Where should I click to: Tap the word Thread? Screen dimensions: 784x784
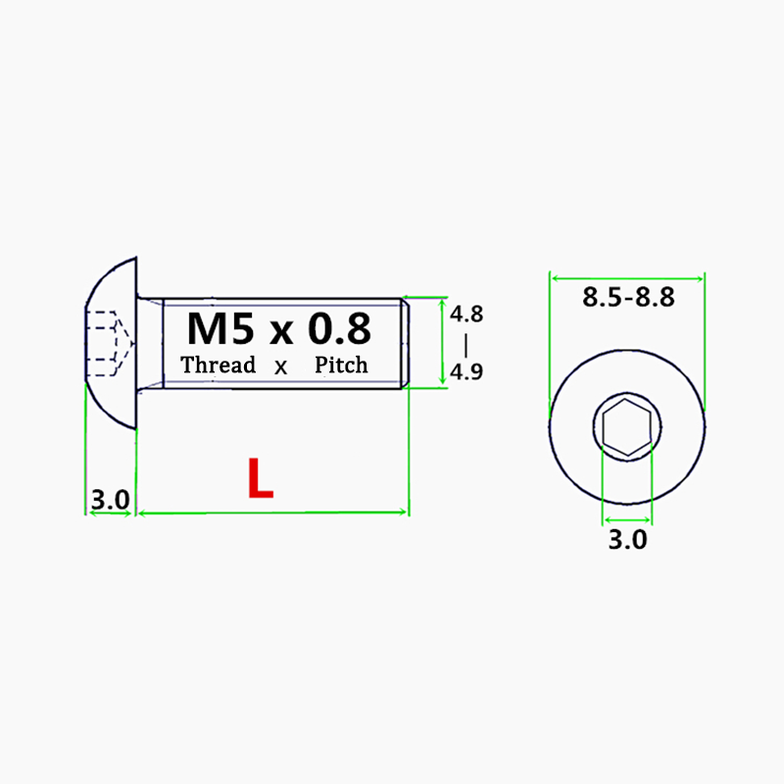(218, 366)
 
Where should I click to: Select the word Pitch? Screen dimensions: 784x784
(341, 366)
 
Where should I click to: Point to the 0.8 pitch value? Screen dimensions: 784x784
(338, 328)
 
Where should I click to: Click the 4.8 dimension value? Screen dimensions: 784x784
(466, 315)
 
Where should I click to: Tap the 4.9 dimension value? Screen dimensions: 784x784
(466, 372)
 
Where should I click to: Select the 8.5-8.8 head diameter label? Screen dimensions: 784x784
(628, 298)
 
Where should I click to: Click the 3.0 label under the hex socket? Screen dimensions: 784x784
(627, 539)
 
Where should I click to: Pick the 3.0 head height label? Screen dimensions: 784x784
(110, 500)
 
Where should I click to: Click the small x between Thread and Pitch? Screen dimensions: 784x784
(281, 368)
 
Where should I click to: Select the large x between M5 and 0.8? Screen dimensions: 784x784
(282, 331)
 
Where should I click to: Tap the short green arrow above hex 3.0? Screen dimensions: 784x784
(627, 519)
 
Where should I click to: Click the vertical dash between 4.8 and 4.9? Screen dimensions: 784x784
(466, 344)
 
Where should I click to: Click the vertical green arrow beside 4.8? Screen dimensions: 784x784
(444, 342)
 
